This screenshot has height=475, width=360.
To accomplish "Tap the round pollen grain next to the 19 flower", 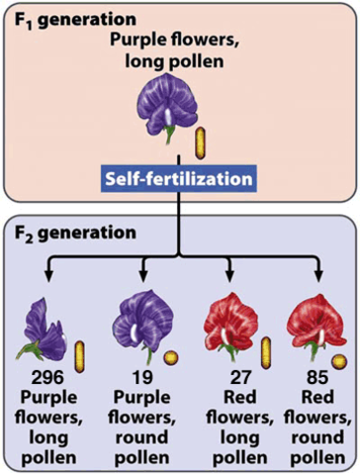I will point(171,355).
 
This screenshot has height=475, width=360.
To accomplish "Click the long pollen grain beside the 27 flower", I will point(264,352).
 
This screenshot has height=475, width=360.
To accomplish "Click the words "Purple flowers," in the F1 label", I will point(180,40).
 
